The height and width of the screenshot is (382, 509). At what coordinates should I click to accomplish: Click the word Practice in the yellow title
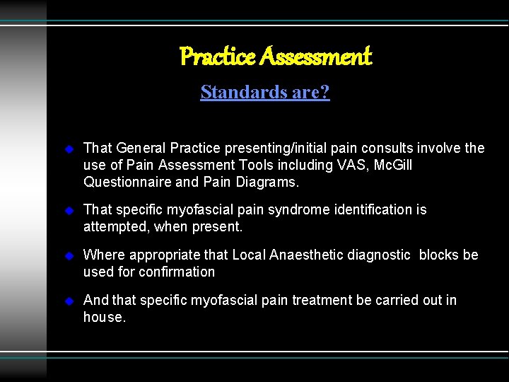[216, 55]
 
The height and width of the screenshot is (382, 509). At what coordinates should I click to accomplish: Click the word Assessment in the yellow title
[315, 55]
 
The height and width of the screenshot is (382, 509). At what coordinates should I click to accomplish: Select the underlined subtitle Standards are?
[264, 92]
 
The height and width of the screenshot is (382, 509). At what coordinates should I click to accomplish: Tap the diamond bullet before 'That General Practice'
[69, 149]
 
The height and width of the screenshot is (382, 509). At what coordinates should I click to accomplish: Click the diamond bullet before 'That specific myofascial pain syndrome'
[69, 211]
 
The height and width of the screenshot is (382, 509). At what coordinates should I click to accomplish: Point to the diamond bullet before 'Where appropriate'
[69, 256]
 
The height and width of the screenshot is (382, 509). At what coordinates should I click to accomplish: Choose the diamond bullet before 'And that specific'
[69, 301]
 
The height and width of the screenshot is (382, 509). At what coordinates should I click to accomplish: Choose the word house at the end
[103, 318]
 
